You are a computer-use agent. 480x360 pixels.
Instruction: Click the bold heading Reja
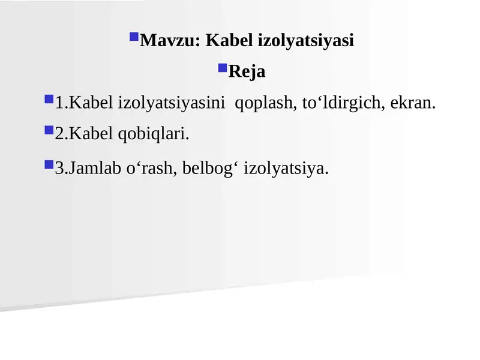click(x=247, y=72)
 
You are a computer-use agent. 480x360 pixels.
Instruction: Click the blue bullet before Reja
click(x=222, y=68)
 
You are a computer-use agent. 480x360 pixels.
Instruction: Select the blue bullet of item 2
click(x=49, y=129)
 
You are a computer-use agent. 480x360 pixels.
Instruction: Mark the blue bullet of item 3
click(x=49, y=163)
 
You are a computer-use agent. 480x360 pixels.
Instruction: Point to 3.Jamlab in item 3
click(x=88, y=169)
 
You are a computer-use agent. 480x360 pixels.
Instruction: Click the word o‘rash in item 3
click(x=146, y=169)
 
